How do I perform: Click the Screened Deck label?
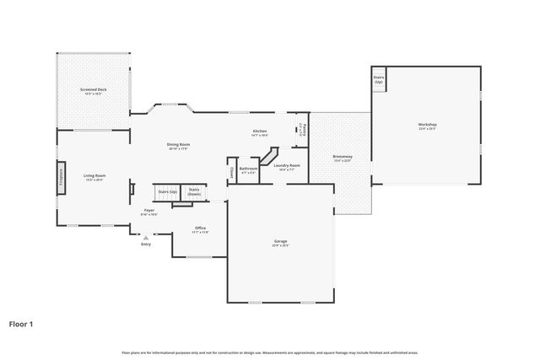pyautogui.click(x=93, y=90)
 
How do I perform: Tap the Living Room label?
pyautogui.click(x=94, y=176)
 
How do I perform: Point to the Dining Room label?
pyautogui.click(x=178, y=145)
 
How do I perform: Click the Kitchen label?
pyautogui.click(x=260, y=132)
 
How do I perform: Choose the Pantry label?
pyautogui.click(x=302, y=129)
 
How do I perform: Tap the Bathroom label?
pyautogui.click(x=248, y=169)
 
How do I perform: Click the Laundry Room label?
pyautogui.click(x=287, y=166)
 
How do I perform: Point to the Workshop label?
pyautogui.click(x=427, y=126)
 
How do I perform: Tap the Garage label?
pyautogui.click(x=280, y=243)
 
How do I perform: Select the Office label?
pyautogui.click(x=200, y=228)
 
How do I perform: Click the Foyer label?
pyautogui.click(x=148, y=212)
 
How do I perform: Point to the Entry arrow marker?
pyautogui.click(x=145, y=239)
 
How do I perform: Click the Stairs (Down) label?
pyautogui.click(x=194, y=191)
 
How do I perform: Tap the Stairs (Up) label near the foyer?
pyautogui.click(x=168, y=192)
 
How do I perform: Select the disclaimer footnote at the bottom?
pyautogui.click(x=270, y=352)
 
